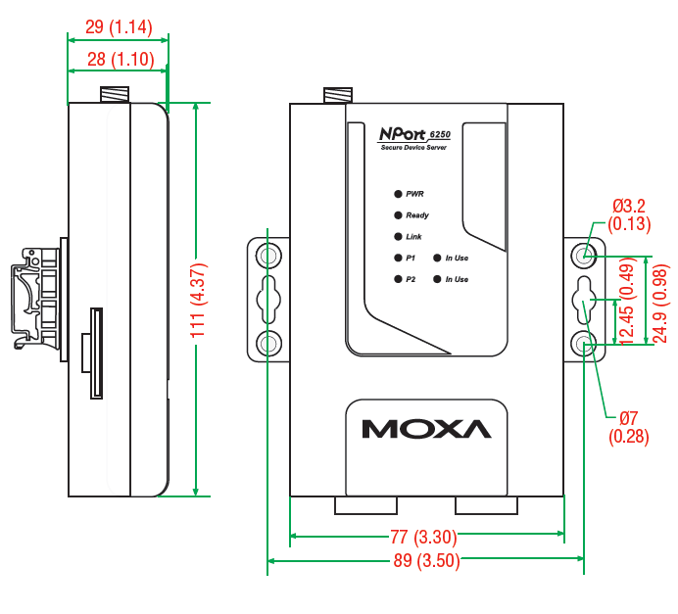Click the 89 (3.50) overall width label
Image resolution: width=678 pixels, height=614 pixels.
427,561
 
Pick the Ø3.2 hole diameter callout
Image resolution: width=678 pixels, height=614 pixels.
629,214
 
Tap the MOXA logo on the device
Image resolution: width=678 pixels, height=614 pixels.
425,429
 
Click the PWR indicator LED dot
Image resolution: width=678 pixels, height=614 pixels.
397,195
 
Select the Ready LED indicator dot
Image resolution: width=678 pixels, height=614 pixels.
397,215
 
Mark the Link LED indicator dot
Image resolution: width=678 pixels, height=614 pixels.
397,237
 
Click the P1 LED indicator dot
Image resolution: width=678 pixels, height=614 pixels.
397,259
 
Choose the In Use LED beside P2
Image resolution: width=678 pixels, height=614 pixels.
436,280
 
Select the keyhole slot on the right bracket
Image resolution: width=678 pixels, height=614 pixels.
585,299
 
